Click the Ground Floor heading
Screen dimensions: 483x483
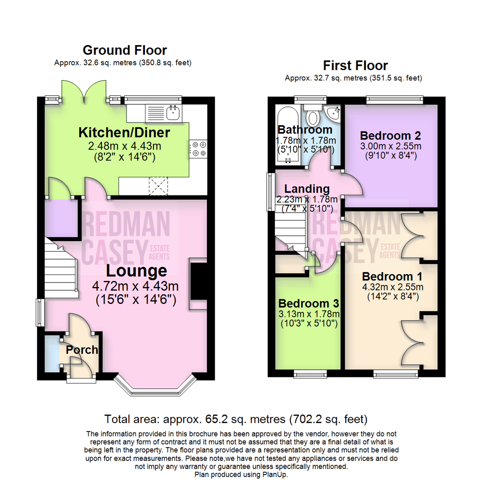pos(125,50)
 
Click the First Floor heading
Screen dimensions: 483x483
pos(356,66)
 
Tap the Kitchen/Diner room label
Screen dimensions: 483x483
pos(124,132)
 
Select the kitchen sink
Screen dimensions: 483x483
pos(173,112)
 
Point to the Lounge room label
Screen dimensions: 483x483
pos(136,271)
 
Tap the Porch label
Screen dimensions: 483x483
pos(82,350)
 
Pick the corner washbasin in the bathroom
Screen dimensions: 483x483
pos(333,112)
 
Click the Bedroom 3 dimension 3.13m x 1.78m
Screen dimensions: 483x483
pos(309,313)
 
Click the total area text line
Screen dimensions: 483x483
pos(236,419)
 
